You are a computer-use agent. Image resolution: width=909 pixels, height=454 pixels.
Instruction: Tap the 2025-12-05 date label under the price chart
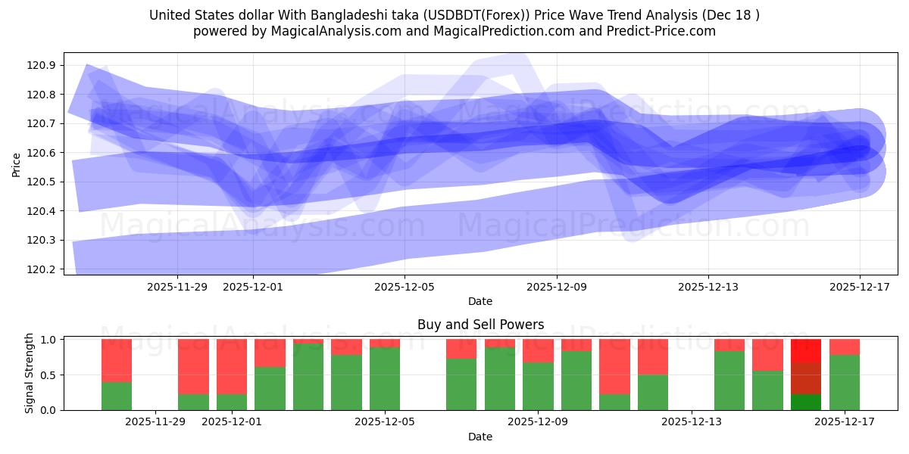pyautogui.click(x=405, y=287)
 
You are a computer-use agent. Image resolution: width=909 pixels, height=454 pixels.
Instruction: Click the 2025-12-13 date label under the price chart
pyautogui.click(x=708, y=287)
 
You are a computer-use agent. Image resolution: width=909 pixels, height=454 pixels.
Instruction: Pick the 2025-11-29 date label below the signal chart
pyautogui.click(x=155, y=422)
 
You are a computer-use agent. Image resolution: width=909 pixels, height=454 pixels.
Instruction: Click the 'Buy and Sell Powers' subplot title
pyautogui.click(x=480, y=325)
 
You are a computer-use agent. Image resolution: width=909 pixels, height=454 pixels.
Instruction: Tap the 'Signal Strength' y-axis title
pyautogui.click(x=30, y=373)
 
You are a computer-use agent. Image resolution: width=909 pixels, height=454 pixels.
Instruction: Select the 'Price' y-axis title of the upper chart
pyautogui.click(x=17, y=163)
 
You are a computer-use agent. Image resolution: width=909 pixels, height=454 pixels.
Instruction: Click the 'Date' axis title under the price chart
pyautogui.click(x=480, y=301)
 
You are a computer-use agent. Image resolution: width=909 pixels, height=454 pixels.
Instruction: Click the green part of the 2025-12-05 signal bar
pyautogui.click(x=385, y=378)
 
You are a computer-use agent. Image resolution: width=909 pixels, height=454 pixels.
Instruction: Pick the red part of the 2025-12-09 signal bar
pyautogui.click(x=538, y=350)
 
